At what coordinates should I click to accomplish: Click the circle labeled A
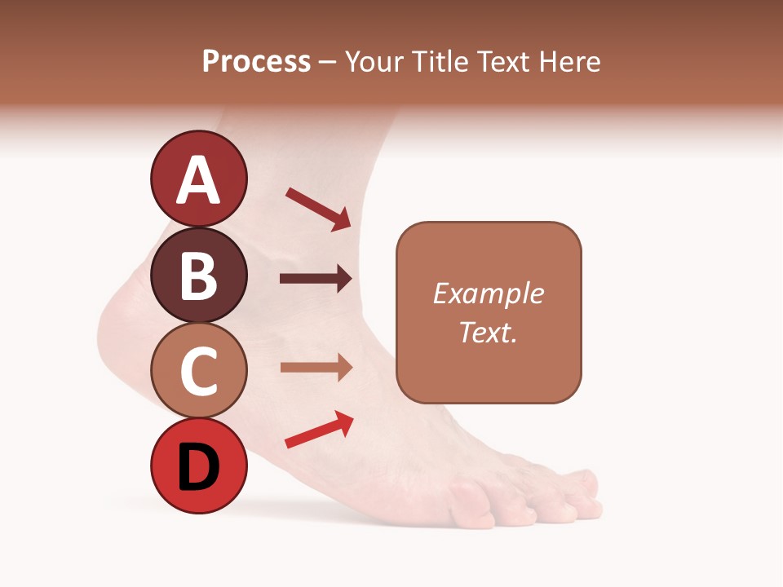[x=198, y=179]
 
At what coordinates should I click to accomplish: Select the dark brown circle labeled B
[x=198, y=275]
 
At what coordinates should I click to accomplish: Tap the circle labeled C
[x=198, y=371]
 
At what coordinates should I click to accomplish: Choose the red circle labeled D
[x=198, y=467]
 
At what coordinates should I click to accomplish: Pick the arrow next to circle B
[x=316, y=279]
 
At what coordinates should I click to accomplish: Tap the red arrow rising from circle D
[x=319, y=430]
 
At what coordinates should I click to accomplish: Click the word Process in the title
[x=256, y=62]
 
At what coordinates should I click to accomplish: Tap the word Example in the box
[x=489, y=293]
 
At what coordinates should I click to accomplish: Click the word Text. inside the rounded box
[x=489, y=332]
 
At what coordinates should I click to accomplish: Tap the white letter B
[x=198, y=275]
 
